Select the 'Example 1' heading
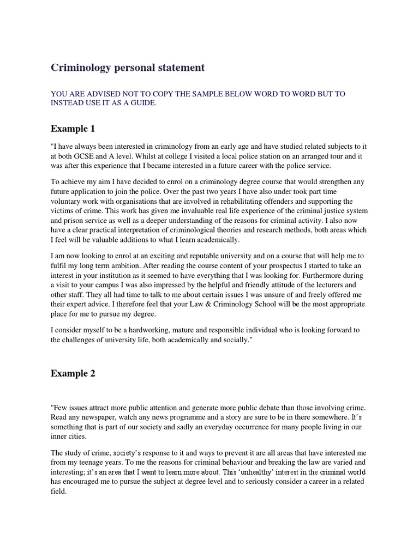(x=73, y=129)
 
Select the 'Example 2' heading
(x=73, y=373)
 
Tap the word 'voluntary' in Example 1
(x=67, y=201)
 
